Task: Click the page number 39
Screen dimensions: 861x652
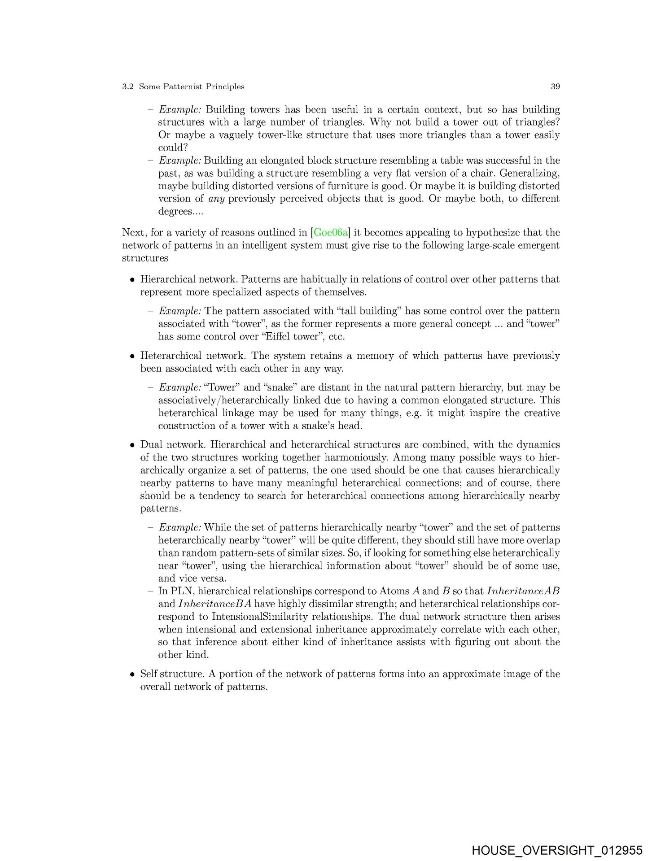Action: click(x=555, y=87)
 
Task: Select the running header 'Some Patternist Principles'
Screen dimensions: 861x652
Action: click(x=192, y=87)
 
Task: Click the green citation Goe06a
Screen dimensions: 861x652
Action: click(x=331, y=232)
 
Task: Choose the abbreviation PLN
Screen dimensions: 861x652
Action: click(x=179, y=591)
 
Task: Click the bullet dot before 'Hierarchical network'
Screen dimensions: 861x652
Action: click(x=132, y=280)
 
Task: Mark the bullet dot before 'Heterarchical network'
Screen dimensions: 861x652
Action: click(x=132, y=357)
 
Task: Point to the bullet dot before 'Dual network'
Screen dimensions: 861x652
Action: click(x=132, y=445)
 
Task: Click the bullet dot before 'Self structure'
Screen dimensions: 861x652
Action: click(x=132, y=674)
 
